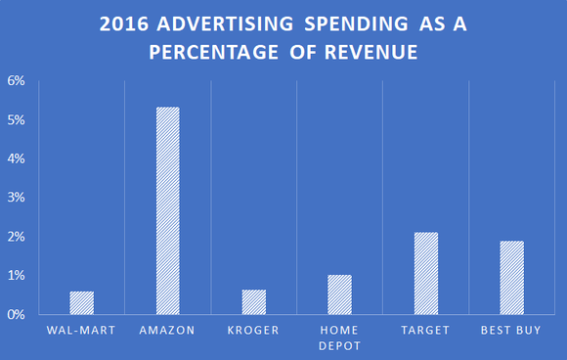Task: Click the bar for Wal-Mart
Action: pyautogui.click(x=81, y=303)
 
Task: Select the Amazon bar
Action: pyautogui.click(x=167, y=211)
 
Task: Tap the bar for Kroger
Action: pyautogui.click(x=253, y=302)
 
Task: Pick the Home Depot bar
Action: pyautogui.click(x=339, y=294)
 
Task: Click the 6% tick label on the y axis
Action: pyautogui.click(x=17, y=80)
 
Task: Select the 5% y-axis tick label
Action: pyautogui.click(x=17, y=119)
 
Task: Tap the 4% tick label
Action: pyautogui.click(x=17, y=158)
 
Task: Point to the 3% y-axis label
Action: pyautogui.click(x=17, y=198)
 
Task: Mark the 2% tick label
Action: pyautogui.click(x=17, y=237)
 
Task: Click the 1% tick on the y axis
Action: pyautogui.click(x=17, y=276)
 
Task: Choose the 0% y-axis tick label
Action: pyautogui.click(x=17, y=315)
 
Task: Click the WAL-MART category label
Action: pyautogui.click(x=81, y=331)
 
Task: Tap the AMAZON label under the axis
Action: pyautogui.click(x=167, y=331)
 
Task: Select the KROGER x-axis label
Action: pyautogui.click(x=253, y=331)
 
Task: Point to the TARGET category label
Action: pyautogui.click(x=425, y=331)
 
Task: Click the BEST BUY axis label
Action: pyautogui.click(x=511, y=331)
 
